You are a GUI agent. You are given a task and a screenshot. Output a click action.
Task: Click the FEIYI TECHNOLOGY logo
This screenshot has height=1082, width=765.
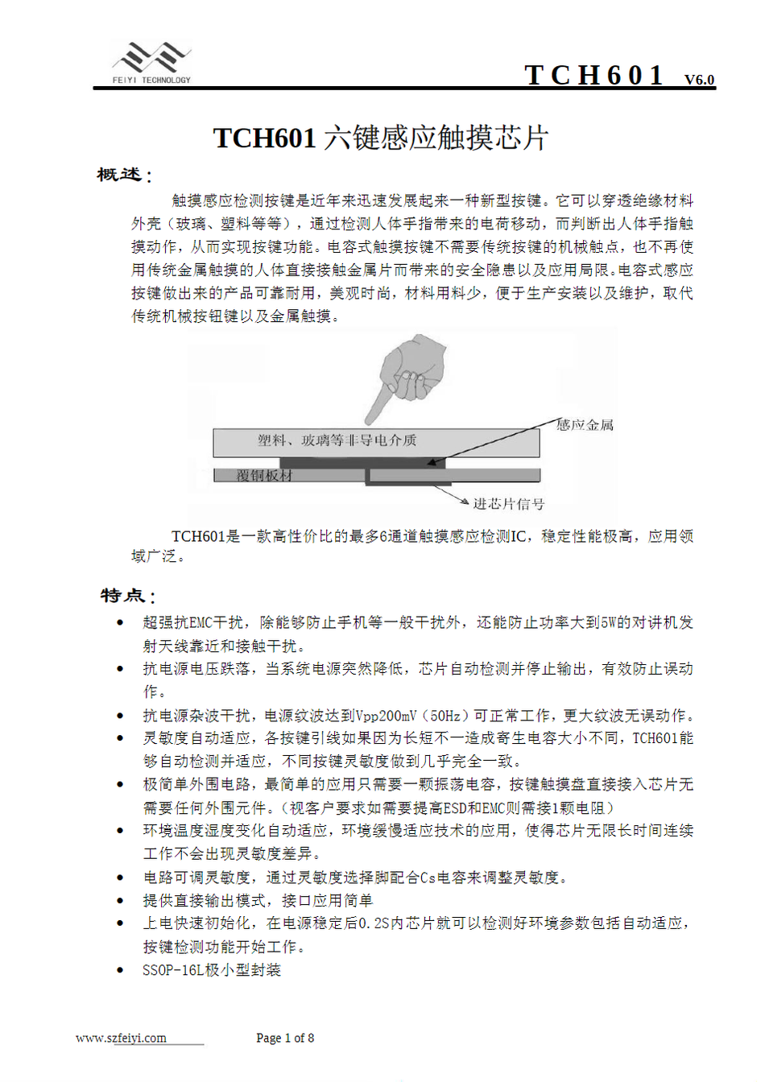pos(151,63)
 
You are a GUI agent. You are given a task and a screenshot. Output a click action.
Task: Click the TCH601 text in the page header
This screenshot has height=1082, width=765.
pos(594,75)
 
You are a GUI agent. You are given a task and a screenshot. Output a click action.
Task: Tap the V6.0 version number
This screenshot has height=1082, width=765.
pos(699,79)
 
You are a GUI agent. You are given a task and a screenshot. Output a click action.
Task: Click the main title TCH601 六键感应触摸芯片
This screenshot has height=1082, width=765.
pos(380,138)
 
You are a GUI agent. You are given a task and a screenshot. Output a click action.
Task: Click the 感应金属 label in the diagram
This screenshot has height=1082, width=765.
pos(585,424)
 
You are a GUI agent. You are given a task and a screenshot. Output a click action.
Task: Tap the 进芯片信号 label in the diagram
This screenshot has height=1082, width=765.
pos(509,504)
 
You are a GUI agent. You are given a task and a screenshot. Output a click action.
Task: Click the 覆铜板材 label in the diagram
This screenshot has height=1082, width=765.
pos(264,476)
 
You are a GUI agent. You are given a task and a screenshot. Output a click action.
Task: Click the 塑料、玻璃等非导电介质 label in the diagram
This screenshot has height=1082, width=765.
pos(337,440)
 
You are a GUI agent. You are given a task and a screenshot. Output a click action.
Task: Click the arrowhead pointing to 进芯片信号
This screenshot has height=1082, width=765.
pos(464,502)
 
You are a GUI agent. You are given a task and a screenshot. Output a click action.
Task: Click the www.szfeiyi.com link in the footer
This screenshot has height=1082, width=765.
pos(121,1038)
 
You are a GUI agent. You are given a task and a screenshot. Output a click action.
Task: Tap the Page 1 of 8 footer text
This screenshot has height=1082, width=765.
pos(285,1038)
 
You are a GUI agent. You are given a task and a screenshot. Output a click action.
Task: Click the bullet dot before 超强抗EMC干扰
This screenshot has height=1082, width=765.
pos(121,622)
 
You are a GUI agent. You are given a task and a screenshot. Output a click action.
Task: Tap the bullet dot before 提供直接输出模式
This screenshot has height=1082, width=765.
pos(121,900)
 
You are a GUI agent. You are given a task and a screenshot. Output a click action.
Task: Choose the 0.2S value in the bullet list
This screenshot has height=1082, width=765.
pos(376,923)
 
